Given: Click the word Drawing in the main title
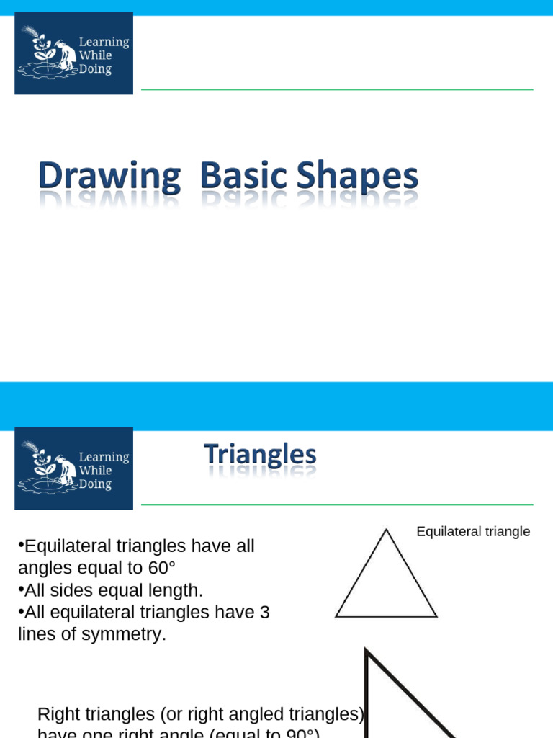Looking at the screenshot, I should coord(109,177).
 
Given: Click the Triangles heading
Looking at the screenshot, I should coord(260,455).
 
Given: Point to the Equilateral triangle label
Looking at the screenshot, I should coord(473,532).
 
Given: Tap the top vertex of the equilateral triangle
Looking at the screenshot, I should coord(386,530).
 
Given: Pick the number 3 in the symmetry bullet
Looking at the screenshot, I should coord(264,612).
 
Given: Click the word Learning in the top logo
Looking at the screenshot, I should coord(104,42).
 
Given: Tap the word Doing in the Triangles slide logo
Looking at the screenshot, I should coord(95,484).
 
